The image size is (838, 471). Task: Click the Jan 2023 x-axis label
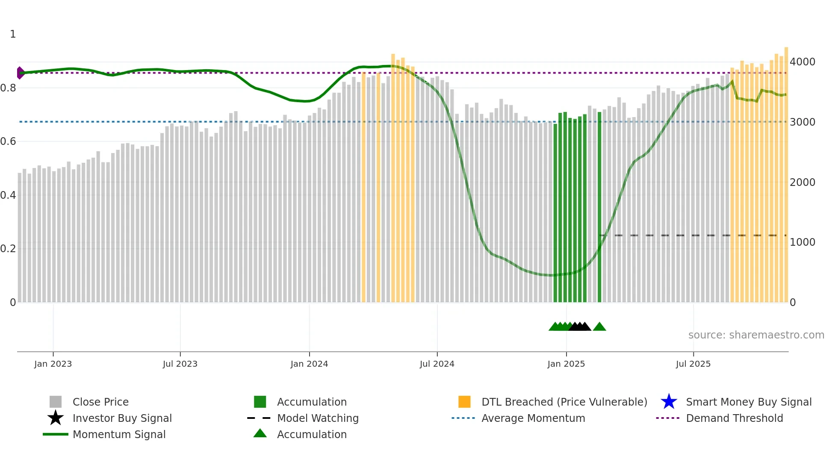53,364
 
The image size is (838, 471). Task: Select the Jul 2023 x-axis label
180,364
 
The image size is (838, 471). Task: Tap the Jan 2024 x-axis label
309,364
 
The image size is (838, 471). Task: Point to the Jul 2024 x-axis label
437,364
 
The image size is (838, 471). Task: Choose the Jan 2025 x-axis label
566,364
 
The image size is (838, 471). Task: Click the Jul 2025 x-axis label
693,364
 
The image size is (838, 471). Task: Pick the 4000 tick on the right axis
803,62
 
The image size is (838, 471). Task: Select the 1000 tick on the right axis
803,242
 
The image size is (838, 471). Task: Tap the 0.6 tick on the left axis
8,141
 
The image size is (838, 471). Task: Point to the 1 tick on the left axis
13,34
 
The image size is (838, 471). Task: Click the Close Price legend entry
100,402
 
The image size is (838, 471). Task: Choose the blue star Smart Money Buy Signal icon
669,402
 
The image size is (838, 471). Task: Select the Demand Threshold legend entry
734,418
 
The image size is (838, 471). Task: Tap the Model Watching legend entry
318,418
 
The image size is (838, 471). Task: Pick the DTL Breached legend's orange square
464,402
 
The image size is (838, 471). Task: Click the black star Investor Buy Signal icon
56,418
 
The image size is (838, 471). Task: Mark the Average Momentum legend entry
533,418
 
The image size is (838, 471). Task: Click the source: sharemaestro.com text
756,335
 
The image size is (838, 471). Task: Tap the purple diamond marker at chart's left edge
20,73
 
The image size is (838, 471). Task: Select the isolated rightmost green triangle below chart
599,327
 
